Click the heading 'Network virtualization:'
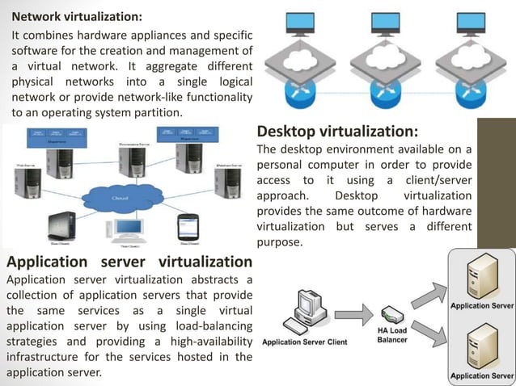65,16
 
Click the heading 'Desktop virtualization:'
337,132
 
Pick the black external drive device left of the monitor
61,225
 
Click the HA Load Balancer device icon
391,314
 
